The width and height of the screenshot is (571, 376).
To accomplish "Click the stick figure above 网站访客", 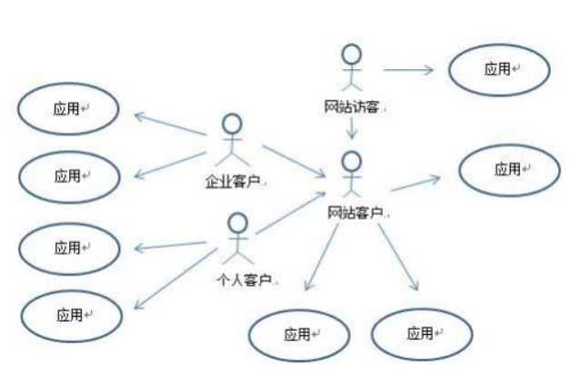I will pyautogui.click(x=351, y=66).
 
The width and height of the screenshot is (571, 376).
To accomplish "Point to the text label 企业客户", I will pyautogui.click(x=231, y=179).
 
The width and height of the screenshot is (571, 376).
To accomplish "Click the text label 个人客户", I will pyautogui.click(x=241, y=278).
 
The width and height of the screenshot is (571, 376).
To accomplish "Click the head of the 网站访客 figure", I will pyautogui.click(x=351, y=53).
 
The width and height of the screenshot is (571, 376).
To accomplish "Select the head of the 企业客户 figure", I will pyautogui.click(x=234, y=124).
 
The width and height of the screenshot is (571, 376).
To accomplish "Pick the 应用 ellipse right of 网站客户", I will pyautogui.click(x=508, y=169).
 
